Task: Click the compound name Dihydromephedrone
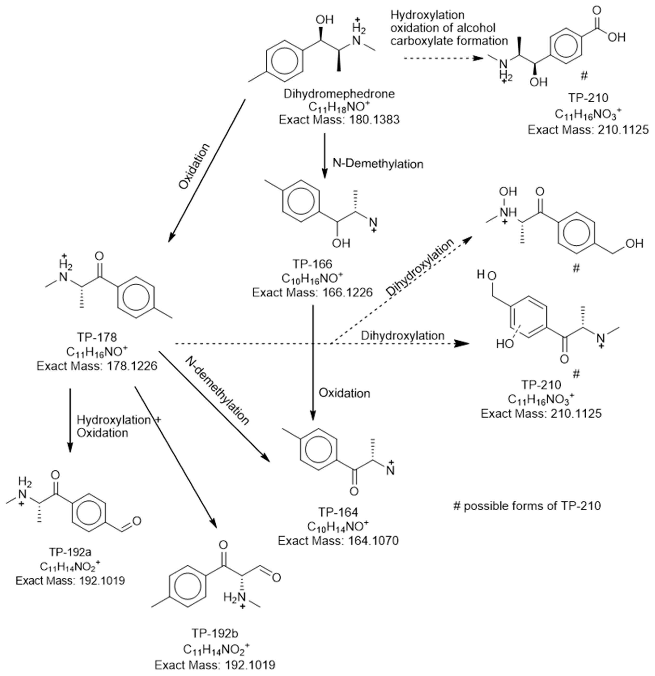point(339,94)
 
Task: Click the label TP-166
point(312,264)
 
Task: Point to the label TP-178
point(97,337)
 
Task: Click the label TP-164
point(338,512)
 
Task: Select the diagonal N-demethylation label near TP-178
point(217,391)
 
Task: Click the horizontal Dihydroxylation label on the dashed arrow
point(403,335)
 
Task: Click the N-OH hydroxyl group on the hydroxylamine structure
point(508,192)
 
